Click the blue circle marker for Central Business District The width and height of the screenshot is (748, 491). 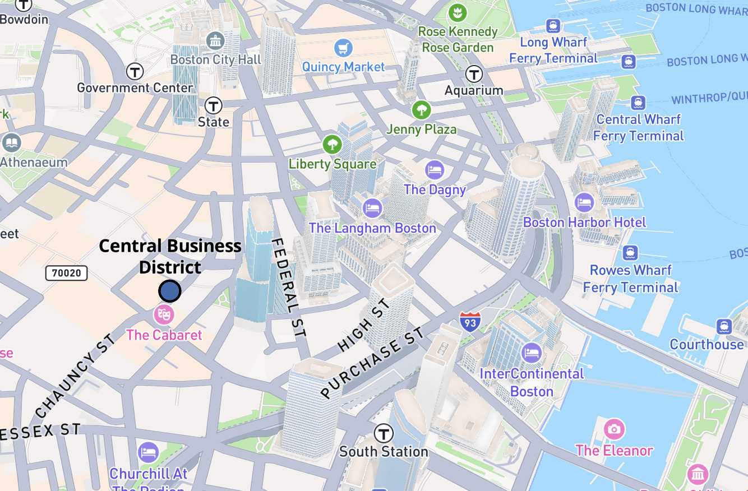pos(169,291)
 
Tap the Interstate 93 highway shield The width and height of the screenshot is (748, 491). pos(469,321)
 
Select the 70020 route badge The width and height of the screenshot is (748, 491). pos(67,273)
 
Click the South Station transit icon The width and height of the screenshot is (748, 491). pos(384,433)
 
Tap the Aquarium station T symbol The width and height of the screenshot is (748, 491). pos(474,74)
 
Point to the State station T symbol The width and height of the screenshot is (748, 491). pos(213,105)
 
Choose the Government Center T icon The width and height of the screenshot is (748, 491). pos(135,71)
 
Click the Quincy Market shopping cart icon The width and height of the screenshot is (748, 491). pos(343,48)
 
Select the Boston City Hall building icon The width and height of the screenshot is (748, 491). pos(215,41)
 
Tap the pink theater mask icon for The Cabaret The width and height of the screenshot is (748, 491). pos(164,314)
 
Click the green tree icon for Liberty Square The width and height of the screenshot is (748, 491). pos(332,145)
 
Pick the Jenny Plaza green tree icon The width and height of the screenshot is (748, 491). pos(421,110)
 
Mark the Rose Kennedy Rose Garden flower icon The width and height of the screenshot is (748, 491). pos(458,12)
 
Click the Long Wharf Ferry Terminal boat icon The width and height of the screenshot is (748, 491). pos(553,25)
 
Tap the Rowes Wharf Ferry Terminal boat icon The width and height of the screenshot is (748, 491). pos(630,252)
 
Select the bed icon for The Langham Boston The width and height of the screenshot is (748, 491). pos(372,209)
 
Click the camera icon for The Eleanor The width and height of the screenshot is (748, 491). pos(614,430)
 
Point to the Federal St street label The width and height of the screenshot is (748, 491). pos(289,287)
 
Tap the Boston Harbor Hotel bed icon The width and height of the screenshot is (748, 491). pos(584,202)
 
